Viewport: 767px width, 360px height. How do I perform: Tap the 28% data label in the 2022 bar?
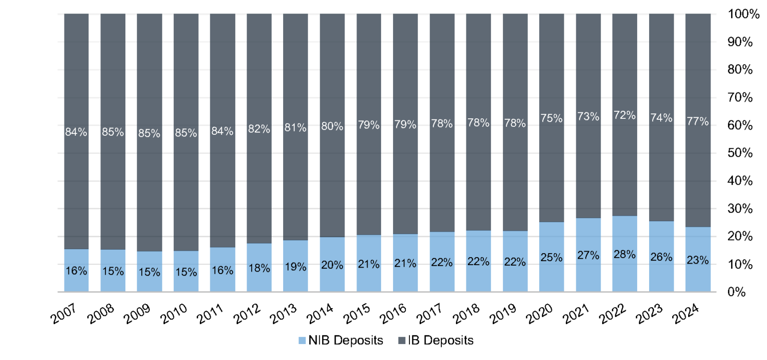click(625, 254)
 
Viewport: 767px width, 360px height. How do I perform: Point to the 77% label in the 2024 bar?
click(698, 121)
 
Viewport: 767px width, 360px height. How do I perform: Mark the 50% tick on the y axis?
click(740, 153)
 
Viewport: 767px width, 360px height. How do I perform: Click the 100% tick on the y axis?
click(737, 14)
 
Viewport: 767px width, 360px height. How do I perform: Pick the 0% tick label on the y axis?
click(743, 292)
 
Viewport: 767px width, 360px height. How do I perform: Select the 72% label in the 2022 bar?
click(625, 115)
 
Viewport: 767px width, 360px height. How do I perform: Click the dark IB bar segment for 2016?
click(405, 75)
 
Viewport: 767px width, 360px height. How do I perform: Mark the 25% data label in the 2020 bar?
click(551, 258)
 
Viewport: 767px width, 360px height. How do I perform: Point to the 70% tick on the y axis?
click(740, 97)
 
